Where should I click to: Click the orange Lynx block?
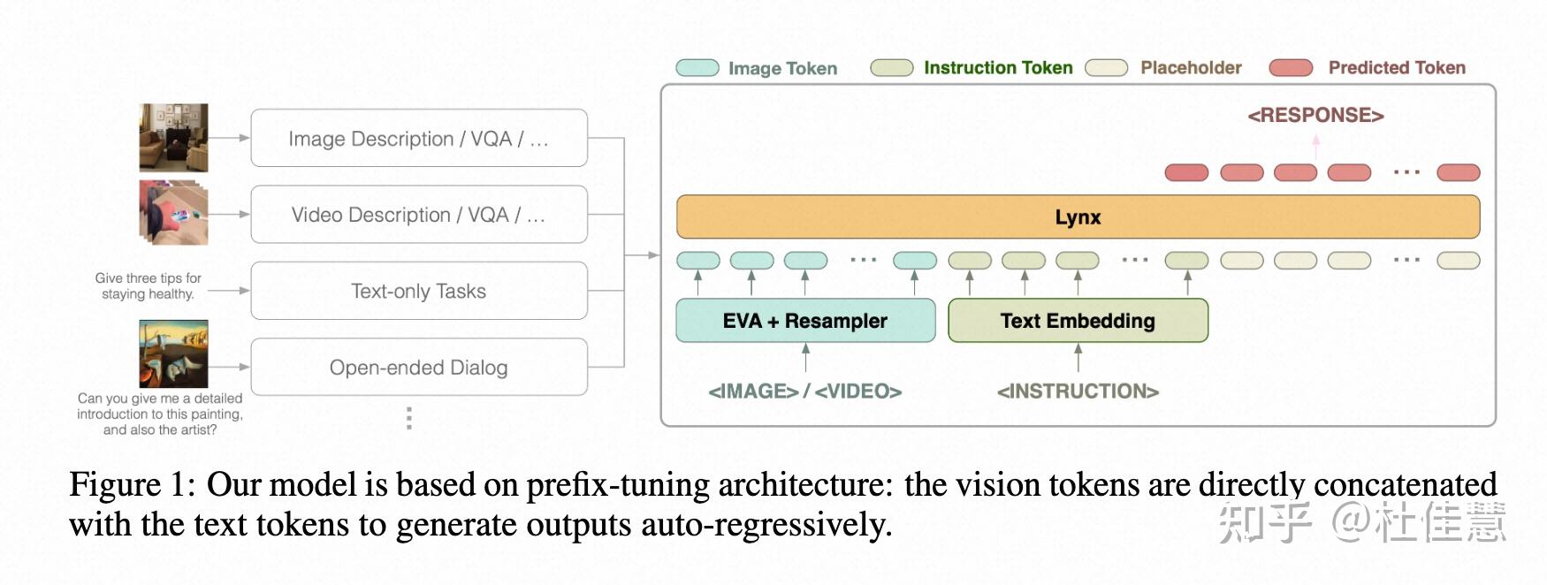click(1078, 217)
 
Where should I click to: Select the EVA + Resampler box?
click(805, 321)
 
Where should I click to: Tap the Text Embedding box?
click(1078, 321)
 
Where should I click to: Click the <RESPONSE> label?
click(1315, 116)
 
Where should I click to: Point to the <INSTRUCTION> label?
click(1078, 391)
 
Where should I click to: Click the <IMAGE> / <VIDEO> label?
click(805, 391)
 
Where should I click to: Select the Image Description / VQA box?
click(419, 139)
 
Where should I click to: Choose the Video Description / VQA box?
click(419, 215)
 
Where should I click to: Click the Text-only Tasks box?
click(419, 291)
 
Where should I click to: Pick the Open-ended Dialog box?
click(419, 368)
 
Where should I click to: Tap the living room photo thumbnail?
click(173, 138)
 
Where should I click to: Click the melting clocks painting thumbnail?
click(173, 353)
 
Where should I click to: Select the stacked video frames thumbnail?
click(173, 213)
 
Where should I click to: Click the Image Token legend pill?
click(697, 68)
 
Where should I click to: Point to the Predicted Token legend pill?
click(1291, 68)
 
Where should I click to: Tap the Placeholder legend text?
click(1191, 68)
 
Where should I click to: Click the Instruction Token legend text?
click(998, 68)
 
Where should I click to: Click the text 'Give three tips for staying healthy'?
click(148, 286)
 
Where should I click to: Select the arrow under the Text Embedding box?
click(1078, 358)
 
